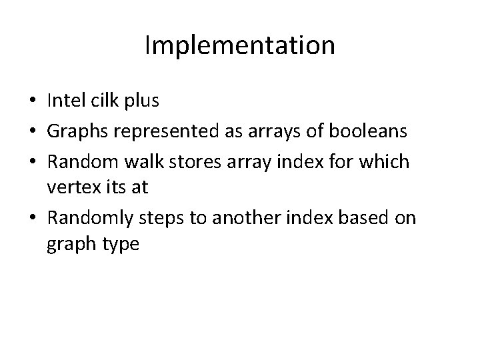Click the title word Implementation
point(240,45)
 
